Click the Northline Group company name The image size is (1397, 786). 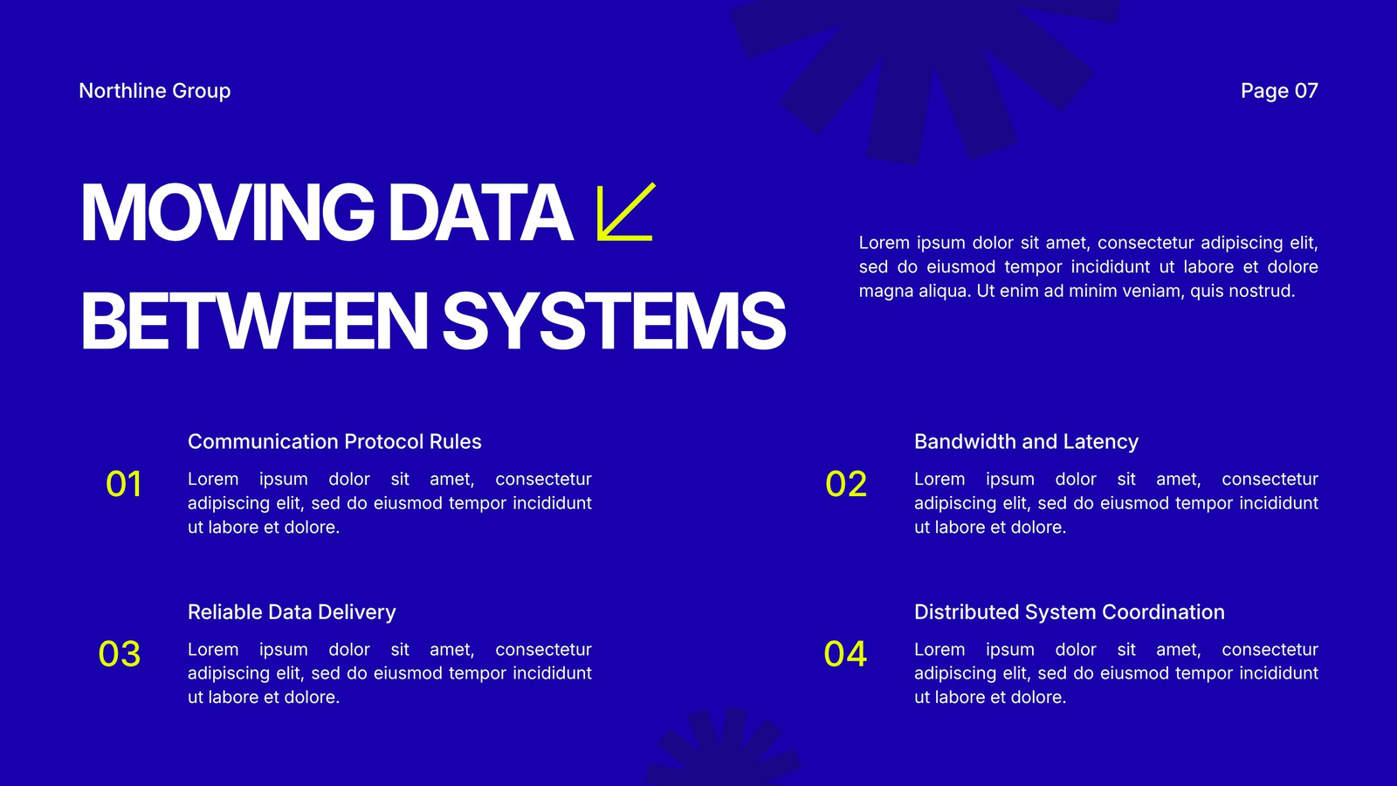click(x=155, y=91)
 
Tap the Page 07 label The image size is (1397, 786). click(x=1279, y=91)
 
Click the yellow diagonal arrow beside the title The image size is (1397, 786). click(x=625, y=211)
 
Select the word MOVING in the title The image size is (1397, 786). click(x=227, y=212)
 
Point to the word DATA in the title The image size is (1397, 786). click(x=479, y=212)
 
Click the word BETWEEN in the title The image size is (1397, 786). click(x=254, y=321)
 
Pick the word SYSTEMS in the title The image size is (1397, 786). click(x=614, y=321)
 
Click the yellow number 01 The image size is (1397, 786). click(x=123, y=484)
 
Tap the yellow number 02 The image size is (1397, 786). click(x=846, y=484)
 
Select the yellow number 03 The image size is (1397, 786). click(x=119, y=654)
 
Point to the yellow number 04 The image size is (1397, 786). click(x=845, y=654)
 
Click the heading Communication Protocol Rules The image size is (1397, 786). click(x=334, y=442)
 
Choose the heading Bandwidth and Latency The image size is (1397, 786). click(x=1026, y=442)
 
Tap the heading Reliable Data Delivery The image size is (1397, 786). click(x=292, y=612)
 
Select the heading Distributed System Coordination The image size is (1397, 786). click(x=1070, y=612)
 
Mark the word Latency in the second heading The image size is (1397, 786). click(x=1101, y=442)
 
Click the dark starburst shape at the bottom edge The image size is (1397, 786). click(x=724, y=748)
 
